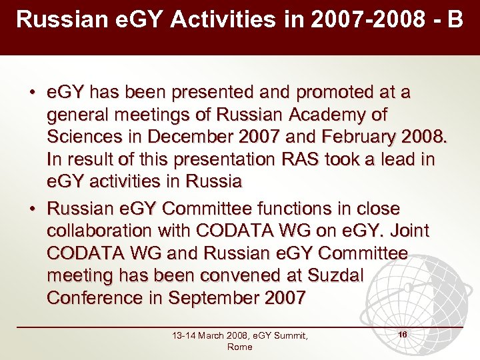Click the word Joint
click(407, 231)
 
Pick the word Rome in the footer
click(239, 347)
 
